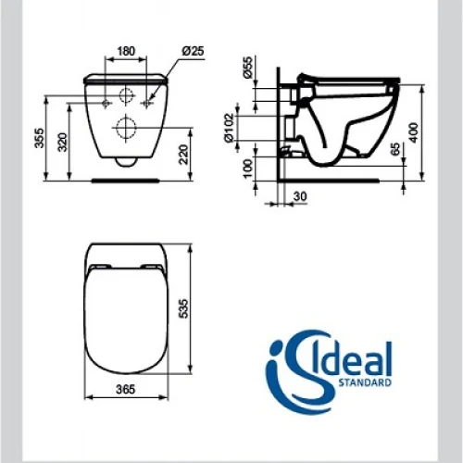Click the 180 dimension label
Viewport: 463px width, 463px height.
[x=126, y=51]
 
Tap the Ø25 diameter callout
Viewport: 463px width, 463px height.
[x=193, y=51]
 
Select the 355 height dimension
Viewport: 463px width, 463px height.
[x=40, y=138]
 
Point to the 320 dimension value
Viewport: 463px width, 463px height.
[x=63, y=142]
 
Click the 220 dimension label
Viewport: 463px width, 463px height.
[x=183, y=155]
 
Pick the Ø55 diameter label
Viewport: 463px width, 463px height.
[x=248, y=68]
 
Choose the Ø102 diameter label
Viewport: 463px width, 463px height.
[x=229, y=128]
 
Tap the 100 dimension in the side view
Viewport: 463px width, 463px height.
[x=248, y=168]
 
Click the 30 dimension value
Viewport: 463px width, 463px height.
[x=300, y=196]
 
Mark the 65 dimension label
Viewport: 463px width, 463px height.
[x=395, y=149]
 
